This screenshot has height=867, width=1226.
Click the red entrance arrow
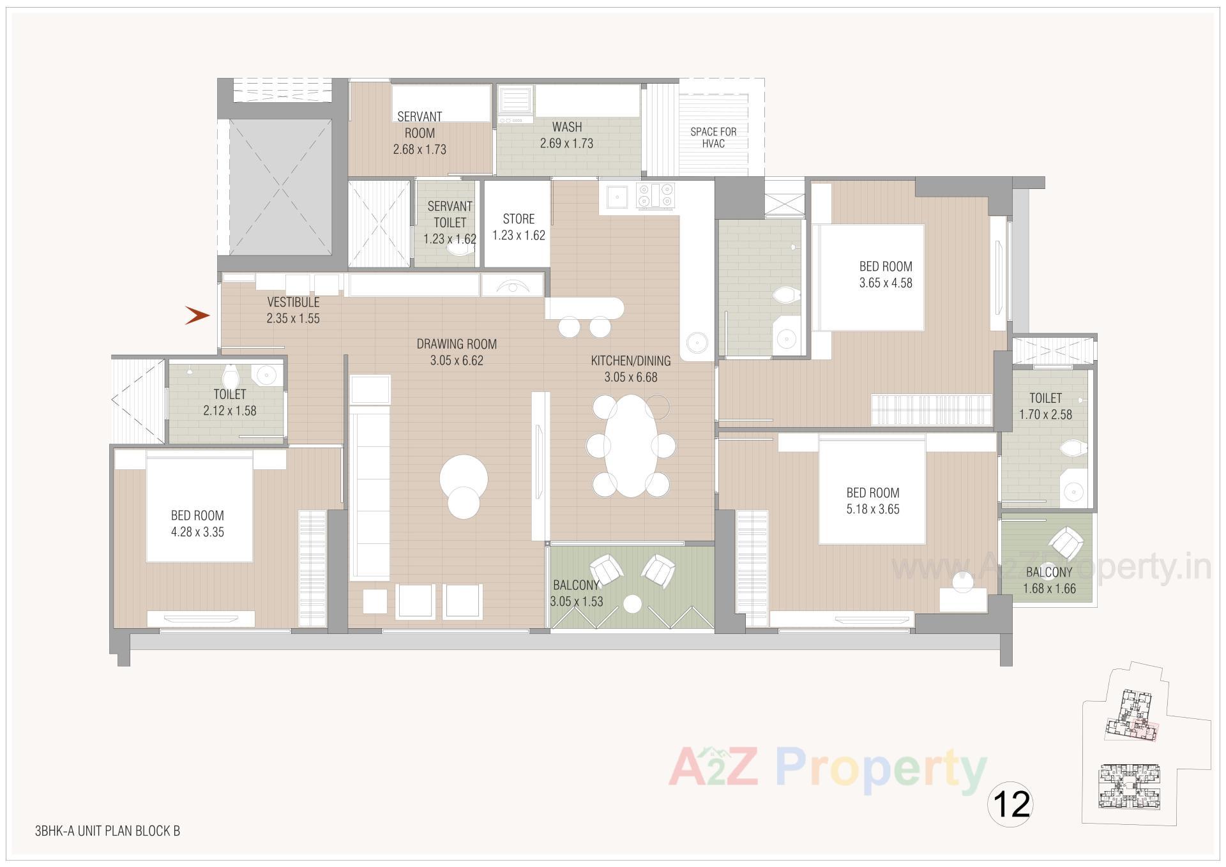[197, 315]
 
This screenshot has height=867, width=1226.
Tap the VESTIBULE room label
[293, 302]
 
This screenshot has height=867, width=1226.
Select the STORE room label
[518, 219]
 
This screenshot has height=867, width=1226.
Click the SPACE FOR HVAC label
[713, 137]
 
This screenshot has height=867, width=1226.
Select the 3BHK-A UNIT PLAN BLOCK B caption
[107, 831]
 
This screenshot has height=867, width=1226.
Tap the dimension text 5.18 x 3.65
[873, 509]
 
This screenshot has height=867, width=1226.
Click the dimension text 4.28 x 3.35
[197, 532]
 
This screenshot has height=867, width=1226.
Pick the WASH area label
[567, 126]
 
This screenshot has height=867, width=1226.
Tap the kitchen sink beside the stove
[617, 195]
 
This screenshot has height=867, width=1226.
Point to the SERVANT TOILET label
[450, 215]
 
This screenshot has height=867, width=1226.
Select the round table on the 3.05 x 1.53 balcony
[632, 603]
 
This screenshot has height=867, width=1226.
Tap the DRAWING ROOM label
[457, 344]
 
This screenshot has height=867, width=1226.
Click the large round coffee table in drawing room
[464, 478]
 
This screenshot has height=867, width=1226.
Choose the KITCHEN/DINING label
[631, 361]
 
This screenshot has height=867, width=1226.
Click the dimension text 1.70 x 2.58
[1045, 414]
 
